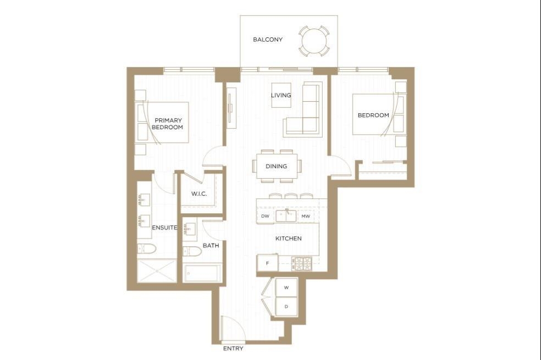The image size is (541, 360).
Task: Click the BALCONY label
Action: coord(268,40)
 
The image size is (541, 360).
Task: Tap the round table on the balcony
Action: coord(314,41)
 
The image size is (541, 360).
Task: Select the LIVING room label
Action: coord(281,95)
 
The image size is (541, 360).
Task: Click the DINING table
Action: coord(277,166)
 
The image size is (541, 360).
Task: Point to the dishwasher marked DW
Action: coord(266,216)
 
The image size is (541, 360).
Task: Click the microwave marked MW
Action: coord(306,216)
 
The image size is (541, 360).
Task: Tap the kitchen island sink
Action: coord(286,216)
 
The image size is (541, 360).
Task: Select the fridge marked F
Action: coord(268,263)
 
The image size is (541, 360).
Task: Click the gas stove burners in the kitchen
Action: coord(302,264)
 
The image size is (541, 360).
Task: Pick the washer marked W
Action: coord(286,287)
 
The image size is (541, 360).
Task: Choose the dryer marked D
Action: coord(286,307)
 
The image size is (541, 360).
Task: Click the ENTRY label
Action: coord(233,348)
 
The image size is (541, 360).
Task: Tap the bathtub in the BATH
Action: coord(201,273)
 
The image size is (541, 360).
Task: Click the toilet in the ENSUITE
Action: coord(147,248)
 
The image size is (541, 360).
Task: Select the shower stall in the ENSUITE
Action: coord(157,271)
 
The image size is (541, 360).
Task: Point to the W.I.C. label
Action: coord(199,193)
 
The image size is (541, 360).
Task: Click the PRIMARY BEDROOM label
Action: coord(168,124)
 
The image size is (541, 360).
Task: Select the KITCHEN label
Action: coord(289,239)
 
